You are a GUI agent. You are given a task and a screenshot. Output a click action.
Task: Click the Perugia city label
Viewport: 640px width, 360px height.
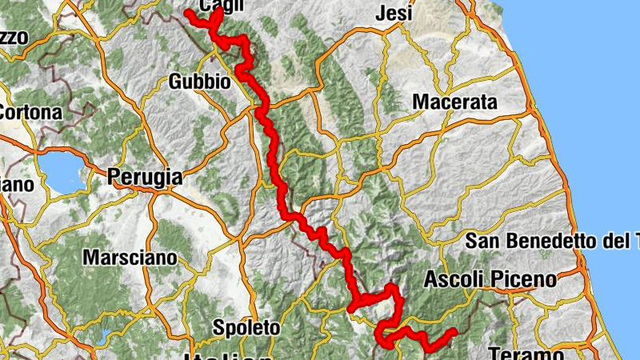pyautogui.click(x=145, y=178)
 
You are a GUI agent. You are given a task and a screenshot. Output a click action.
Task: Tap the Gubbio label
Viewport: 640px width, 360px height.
pyautogui.click(x=200, y=82)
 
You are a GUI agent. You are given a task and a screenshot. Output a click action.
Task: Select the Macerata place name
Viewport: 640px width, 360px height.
pyautogui.click(x=454, y=102)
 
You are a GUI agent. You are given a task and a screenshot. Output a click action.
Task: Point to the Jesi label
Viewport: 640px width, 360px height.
pyautogui.click(x=394, y=14)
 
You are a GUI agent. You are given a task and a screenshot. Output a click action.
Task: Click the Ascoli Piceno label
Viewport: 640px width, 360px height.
pyautogui.click(x=489, y=280)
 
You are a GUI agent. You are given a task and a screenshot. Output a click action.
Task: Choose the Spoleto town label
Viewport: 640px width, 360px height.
pyautogui.click(x=246, y=327)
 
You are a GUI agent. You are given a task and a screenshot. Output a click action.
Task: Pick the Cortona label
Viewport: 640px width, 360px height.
pyautogui.click(x=30, y=113)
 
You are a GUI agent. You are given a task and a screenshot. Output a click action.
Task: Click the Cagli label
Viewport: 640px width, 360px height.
pyautogui.click(x=218, y=7)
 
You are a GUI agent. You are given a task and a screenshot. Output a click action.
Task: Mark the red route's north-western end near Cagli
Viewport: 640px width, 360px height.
pyautogui.click(x=188, y=13)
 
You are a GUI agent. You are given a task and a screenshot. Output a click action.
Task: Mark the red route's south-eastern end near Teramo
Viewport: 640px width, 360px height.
pyautogui.click(x=454, y=331)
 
